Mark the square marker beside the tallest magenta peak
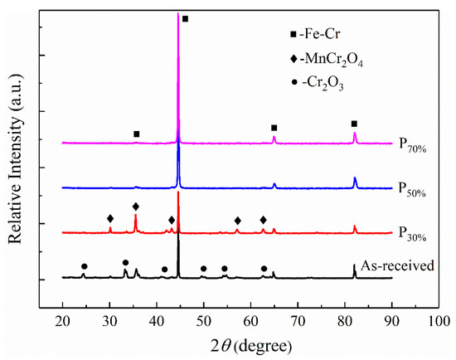coord(185,18)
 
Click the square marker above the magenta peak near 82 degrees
coord(354,124)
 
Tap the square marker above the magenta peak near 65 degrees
coord(274,128)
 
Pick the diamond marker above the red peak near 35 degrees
coord(136,206)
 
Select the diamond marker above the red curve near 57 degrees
coord(238,221)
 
